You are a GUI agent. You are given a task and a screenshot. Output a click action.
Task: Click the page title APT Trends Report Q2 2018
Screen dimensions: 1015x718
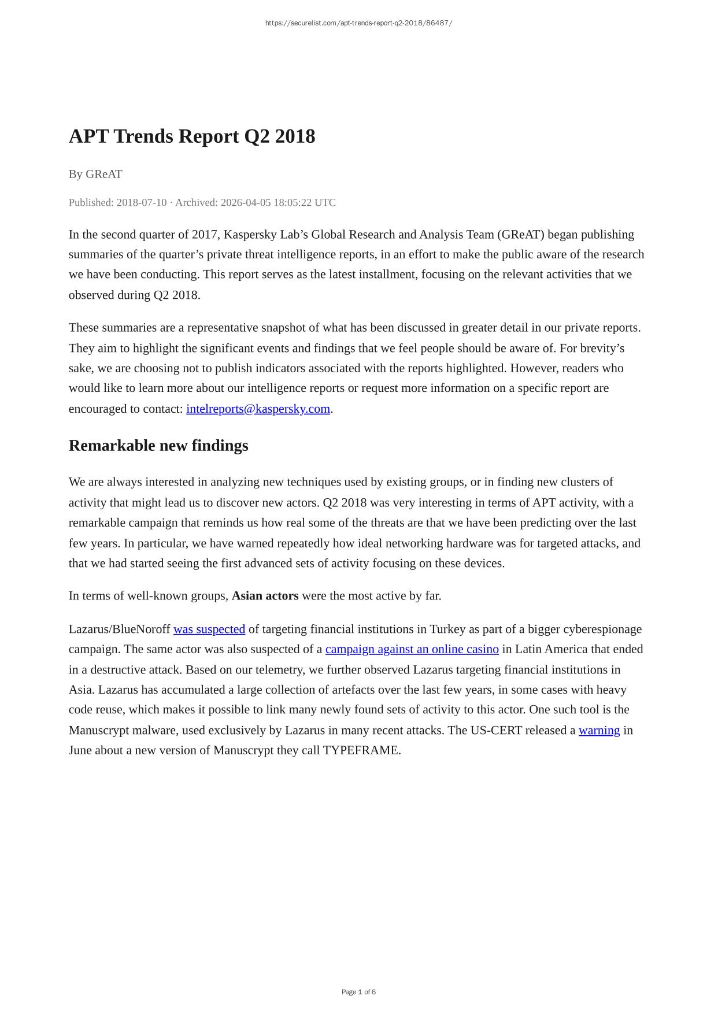click(192, 136)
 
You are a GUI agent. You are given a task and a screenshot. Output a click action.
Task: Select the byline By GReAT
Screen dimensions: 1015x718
click(95, 174)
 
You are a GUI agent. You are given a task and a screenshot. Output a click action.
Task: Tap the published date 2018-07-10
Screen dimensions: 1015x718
click(142, 202)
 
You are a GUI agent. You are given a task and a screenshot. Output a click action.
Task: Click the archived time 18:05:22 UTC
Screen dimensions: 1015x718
click(294, 202)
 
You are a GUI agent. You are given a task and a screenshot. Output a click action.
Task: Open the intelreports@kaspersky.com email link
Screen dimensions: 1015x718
click(258, 409)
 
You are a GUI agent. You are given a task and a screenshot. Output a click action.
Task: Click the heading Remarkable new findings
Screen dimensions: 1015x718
click(158, 446)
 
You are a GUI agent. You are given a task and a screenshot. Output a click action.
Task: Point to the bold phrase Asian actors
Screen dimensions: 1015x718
click(265, 596)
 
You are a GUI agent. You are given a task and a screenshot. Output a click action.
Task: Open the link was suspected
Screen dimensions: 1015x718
click(209, 629)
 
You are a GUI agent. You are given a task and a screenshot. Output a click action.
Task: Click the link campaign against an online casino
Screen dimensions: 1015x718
click(412, 649)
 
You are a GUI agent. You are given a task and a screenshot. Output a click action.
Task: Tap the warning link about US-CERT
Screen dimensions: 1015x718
click(599, 730)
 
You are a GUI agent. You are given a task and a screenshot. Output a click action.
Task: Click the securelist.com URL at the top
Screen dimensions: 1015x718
click(358, 23)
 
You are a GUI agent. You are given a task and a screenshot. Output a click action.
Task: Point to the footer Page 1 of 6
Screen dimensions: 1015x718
click(358, 992)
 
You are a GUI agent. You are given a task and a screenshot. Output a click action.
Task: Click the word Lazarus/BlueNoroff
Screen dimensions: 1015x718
click(120, 629)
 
